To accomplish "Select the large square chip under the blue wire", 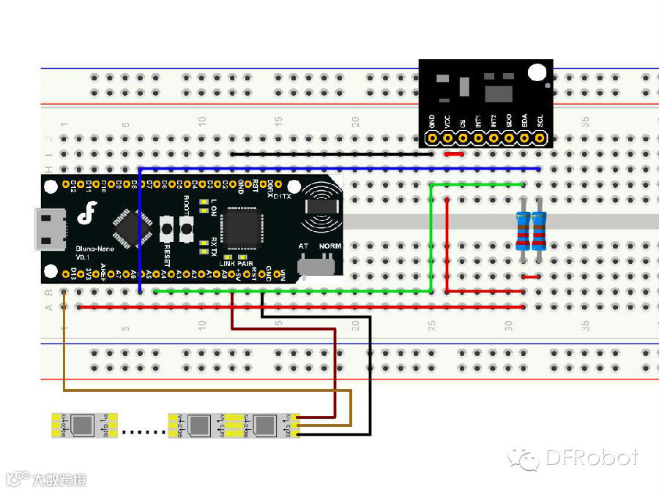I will (x=241, y=227).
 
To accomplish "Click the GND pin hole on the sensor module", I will (x=432, y=137).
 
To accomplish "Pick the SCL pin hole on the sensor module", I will (x=540, y=137).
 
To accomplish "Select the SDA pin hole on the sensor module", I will (x=524, y=137).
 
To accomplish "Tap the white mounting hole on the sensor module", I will (x=537, y=72).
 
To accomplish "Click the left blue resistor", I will (x=523, y=230).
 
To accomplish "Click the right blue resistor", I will (x=539, y=230).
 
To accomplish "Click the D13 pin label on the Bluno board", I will (x=73, y=274).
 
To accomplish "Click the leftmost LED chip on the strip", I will (x=83, y=424).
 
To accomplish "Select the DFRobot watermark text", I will (x=591, y=458).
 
